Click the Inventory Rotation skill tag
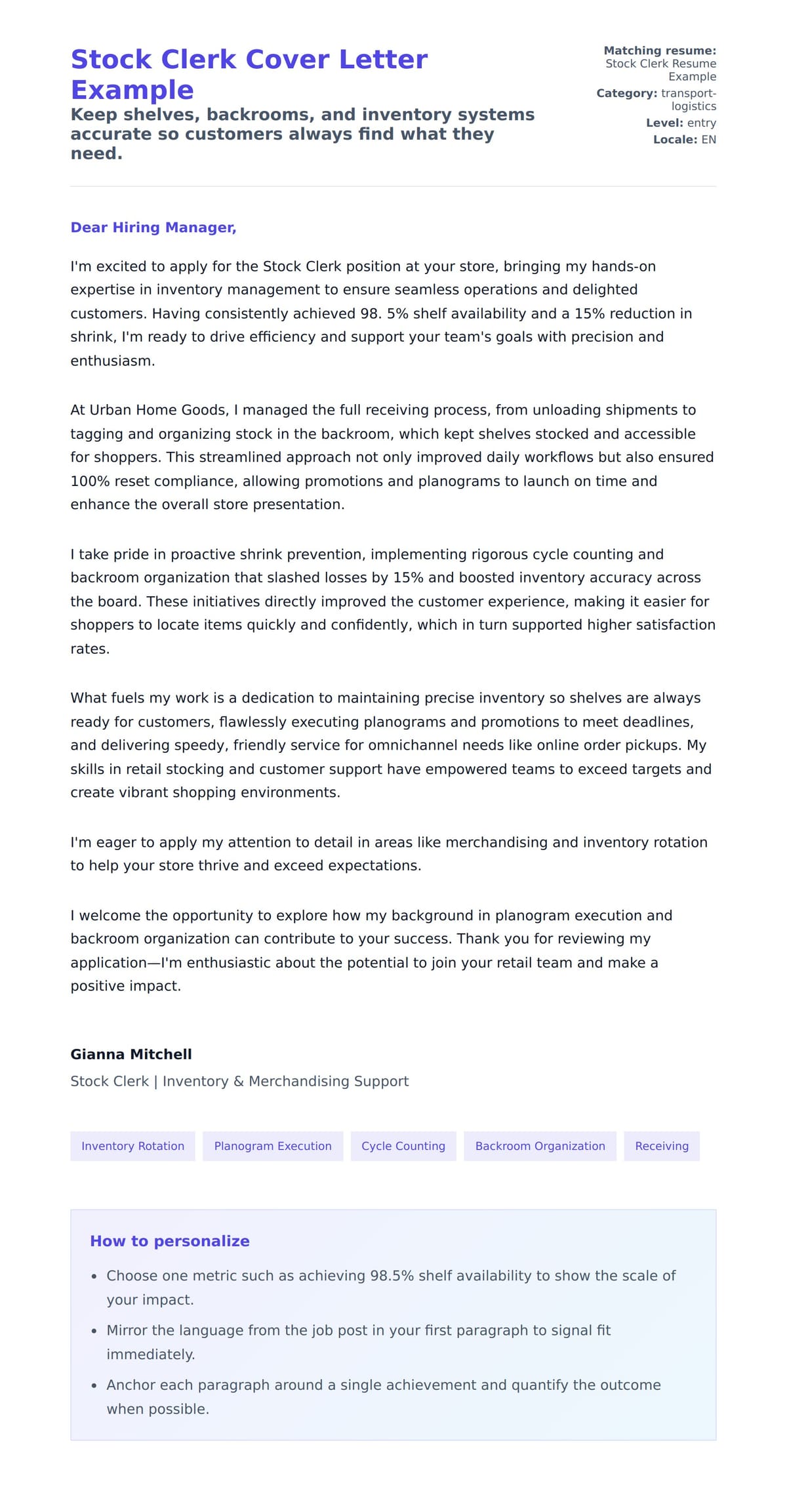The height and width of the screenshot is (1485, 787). coord(132,1146)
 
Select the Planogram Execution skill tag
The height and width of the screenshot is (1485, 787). coord(273,1146)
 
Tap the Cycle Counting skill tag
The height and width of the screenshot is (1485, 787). coord(403,1146)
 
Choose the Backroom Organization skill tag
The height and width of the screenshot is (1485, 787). coord(540,1146)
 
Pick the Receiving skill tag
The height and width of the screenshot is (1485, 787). coord(662,1146)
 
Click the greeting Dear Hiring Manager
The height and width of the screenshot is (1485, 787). coord(153,228)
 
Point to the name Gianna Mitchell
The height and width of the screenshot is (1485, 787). coord(131,1054)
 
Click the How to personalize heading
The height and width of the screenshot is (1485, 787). coord(170,1241)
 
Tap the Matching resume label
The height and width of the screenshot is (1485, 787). coord(660,51)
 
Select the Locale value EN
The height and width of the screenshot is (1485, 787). coord(708,140)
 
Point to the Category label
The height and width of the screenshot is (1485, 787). coord(626,93)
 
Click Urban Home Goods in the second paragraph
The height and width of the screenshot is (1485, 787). coord(158,410)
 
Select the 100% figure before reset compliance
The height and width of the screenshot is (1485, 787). coord(90,481)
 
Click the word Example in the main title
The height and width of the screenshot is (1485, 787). coord(132,90)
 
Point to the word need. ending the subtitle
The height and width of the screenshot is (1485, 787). coord(96,153)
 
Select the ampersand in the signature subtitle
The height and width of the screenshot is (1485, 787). coord(239,1081)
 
